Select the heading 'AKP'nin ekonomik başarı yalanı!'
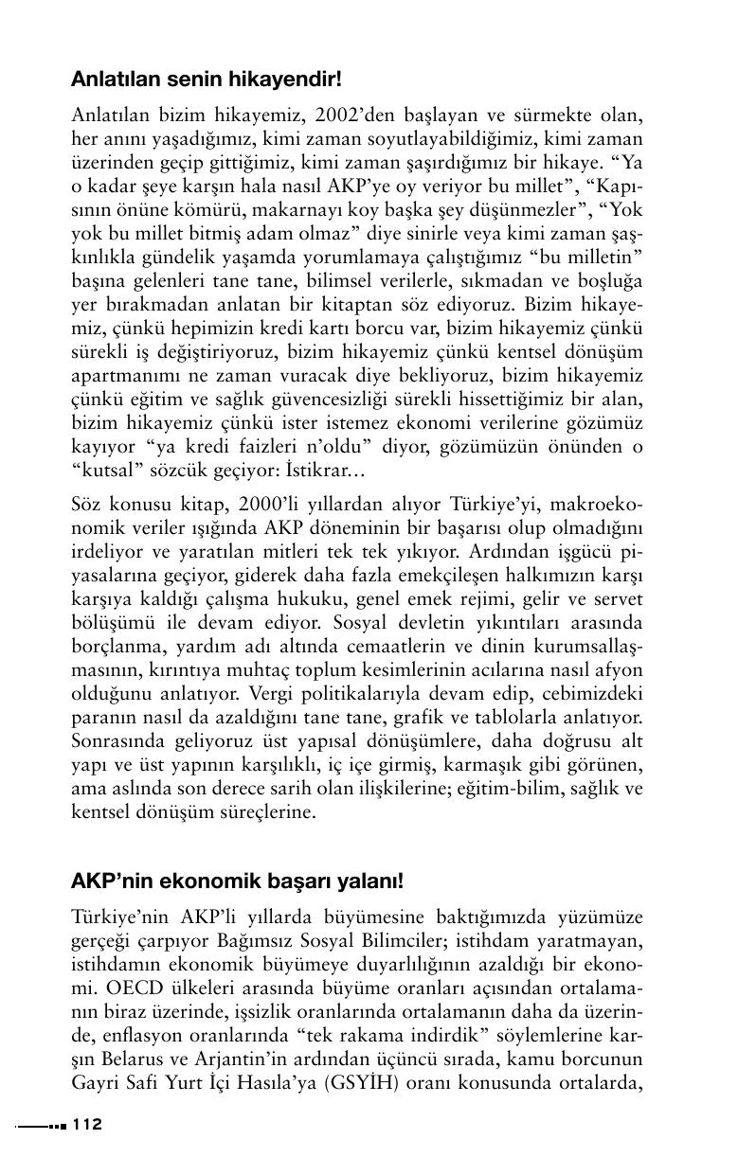pyautogui.click(x=238, y=881)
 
